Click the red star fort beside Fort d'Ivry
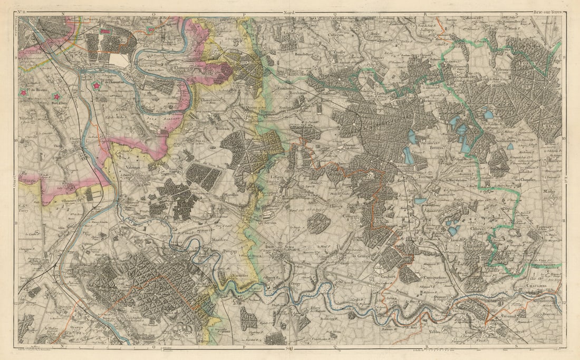56,96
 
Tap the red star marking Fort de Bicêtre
24,93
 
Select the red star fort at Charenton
96,85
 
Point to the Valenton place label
133,166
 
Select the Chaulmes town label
537,286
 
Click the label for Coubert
388,276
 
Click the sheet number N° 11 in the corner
22,11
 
